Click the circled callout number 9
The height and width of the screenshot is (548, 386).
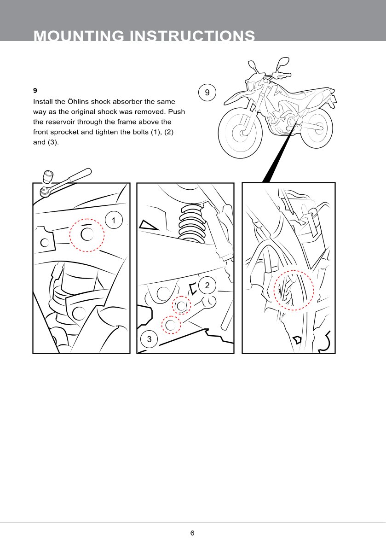(x=207, y=92)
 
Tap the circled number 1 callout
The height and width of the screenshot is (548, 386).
(x=114, y=220)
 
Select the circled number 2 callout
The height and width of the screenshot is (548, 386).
(x=207, y=285)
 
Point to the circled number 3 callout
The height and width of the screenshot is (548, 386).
(x=150, y=339)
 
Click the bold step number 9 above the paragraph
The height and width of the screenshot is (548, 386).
(x=35, y=91)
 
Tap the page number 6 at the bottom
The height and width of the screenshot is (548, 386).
(x=192, y=533)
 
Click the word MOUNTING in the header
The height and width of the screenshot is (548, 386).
(x=79, y=35)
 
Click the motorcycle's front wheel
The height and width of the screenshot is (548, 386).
(x=240, y=133)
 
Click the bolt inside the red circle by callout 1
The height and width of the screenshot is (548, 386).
(x=87, y=234)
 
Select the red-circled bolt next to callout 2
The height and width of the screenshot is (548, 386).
(x=181, y=306)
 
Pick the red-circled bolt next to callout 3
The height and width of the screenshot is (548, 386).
(x=171, y=325)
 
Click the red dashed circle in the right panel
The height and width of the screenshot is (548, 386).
(x=294, y=270)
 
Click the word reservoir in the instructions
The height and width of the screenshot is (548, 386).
(x=60, y=122)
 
